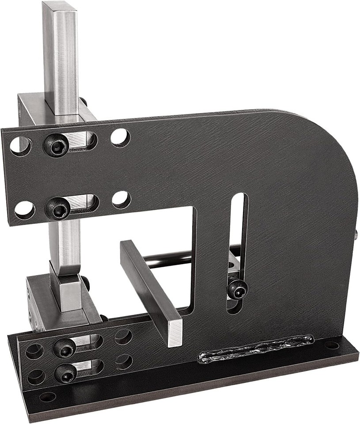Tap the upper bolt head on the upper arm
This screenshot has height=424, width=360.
pos(58,144)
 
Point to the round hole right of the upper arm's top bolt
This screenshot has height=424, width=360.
pos(120,137)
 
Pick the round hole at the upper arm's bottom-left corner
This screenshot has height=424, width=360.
pos(24,210)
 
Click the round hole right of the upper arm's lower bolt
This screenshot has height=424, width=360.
pos(121,200)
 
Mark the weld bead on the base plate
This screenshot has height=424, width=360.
pos(256,349)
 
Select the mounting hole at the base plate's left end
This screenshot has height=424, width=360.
pos(47,397)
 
